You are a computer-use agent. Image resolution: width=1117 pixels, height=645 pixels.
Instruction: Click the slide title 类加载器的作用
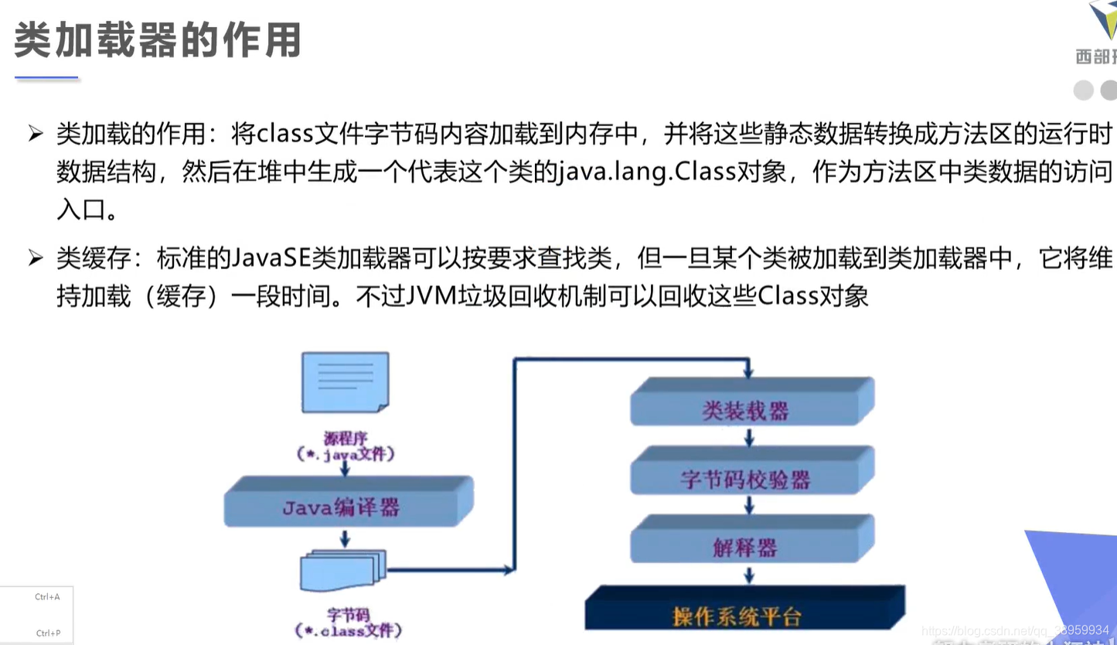pyautogui.click(x=157, y=40)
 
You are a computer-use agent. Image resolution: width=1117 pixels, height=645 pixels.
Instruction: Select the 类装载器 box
pyautogui.click(x=747, y=409)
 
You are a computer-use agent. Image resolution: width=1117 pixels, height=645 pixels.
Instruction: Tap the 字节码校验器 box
pyautogui.click(x=747, y=479)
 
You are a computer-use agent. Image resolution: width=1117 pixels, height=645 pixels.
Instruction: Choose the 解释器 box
pyautogui.click(x=747, y=548)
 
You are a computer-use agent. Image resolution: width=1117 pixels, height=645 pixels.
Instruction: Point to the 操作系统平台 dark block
pyautogui.click(x=738, y=616)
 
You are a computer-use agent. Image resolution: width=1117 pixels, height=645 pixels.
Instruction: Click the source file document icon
pyautogui.click(x=345, y=383)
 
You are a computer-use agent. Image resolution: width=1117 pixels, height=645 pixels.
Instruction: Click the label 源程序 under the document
pyautogui.click(x=345, y=439)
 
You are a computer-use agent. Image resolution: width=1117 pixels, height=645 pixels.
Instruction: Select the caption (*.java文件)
pyautogui.click(x=346, y=455)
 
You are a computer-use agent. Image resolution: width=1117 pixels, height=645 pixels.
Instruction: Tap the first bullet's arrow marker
pyautogui.click(x=36, y=133)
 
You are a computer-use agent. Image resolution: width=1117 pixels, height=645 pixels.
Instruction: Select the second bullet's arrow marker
pyautogui.click(x=36, y=258)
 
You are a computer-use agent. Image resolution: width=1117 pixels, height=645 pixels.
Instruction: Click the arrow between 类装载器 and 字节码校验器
pyautogui.click(x=749, y=438)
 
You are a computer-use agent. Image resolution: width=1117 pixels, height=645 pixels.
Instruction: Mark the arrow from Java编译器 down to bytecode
pyautogui.click(x=345, y=537)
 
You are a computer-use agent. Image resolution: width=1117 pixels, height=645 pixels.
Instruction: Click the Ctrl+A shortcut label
pyautogui.click(x=47, y=597)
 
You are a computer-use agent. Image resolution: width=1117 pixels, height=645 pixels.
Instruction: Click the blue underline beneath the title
pyautogui.click(x=46, y=77)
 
